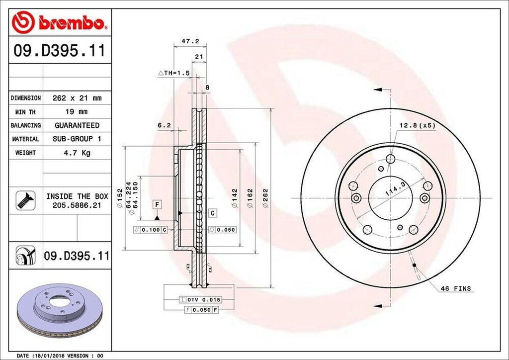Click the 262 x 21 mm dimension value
point(77,98)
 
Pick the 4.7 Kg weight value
point(77,153)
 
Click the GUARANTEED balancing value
point(77,125)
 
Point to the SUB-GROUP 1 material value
point(77,139)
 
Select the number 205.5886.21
point(77,205)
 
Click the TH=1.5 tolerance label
point(174,73)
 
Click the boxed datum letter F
point(157,204)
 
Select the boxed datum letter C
point(212,213)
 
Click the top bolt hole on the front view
point(390,159)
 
